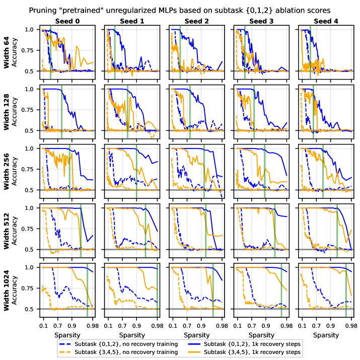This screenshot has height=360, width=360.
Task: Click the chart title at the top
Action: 180,10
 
